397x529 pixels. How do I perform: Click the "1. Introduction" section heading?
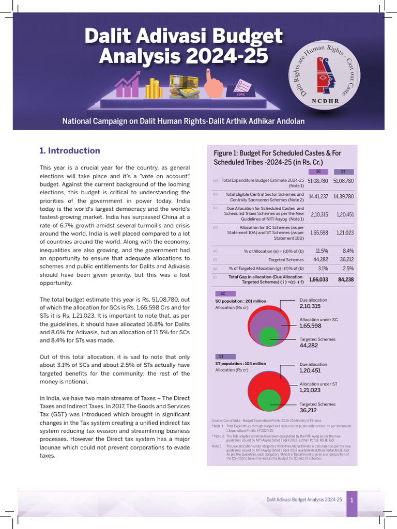[70, 151]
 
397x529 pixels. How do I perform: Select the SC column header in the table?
[318, 172]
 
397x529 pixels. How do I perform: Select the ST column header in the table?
[343, 172]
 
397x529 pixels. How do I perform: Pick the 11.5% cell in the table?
[322, 251]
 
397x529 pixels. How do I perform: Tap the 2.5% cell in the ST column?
[348, 269]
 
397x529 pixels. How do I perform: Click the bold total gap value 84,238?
[345, 279]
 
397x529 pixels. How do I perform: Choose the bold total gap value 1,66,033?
[318, 279]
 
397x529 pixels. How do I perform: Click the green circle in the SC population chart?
[268, 336]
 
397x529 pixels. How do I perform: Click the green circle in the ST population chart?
[268, 401]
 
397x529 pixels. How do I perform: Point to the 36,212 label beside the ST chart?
[309, 410]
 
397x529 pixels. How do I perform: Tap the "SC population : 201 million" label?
[240, 301]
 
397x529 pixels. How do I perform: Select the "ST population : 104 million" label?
[240, 364]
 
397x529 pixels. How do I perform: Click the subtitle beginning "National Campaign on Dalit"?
[183, 121]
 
